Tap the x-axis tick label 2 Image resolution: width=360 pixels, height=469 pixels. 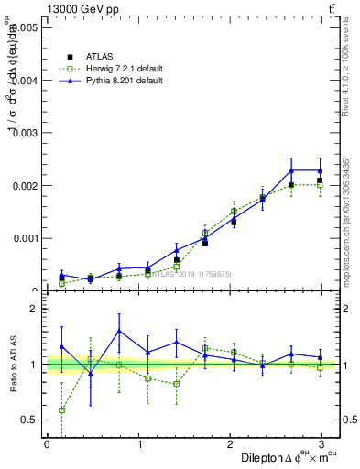click(x=232, y=444)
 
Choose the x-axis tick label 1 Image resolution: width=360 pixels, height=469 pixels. click(x=139, y=444)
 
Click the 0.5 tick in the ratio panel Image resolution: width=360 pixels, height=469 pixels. click(x=28, y=420)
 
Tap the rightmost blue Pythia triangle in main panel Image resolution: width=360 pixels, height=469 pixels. click(x=320, y=170)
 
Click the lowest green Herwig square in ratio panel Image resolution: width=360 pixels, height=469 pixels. click(x=61, y=410)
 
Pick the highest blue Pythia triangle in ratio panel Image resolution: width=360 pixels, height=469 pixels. click(x=119, y=331)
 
